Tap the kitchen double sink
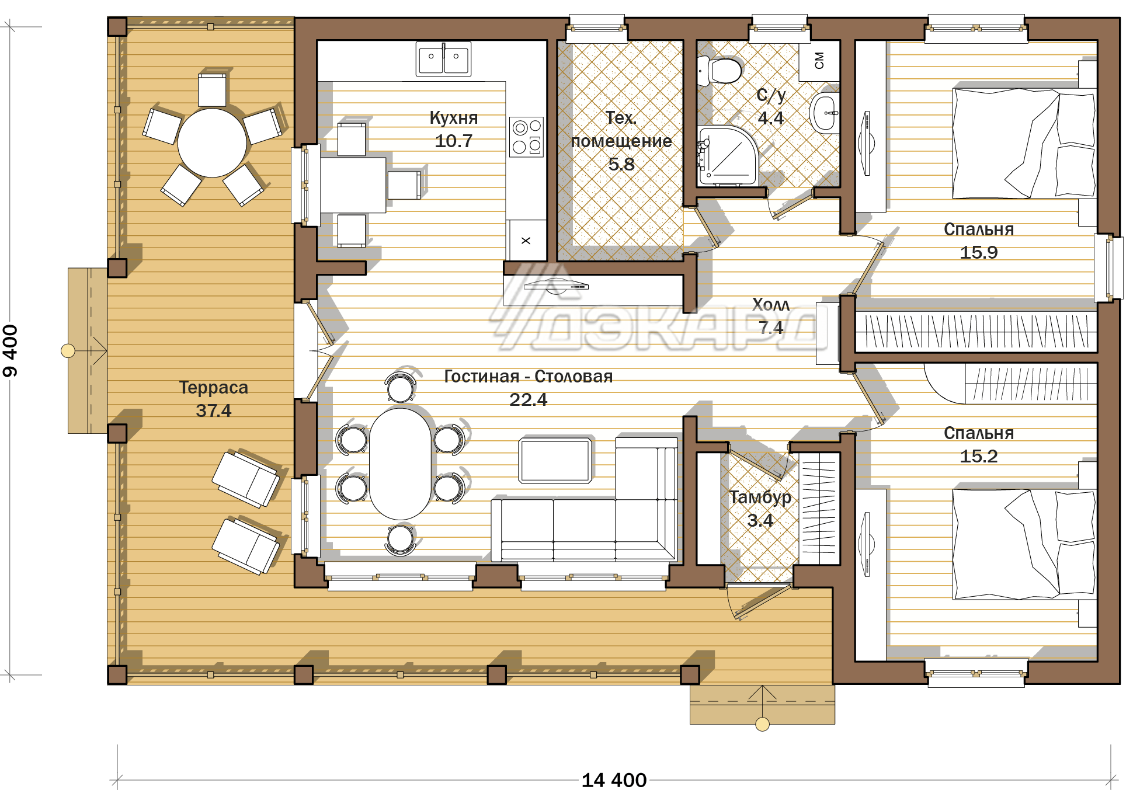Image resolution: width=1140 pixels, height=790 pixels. [443, 58]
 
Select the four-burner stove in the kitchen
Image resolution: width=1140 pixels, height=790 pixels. [526, 137]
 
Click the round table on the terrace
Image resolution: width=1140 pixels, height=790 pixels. [212, 143]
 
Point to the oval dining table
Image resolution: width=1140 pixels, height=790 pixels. [401, 464]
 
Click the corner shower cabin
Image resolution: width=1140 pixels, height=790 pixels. [728, 155]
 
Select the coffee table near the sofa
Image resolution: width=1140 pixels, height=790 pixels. [555, 461]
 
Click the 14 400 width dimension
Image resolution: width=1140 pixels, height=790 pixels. [614, 780]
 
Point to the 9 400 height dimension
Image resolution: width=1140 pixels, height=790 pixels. [11, 351]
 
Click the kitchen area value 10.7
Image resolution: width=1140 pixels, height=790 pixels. [454, 141]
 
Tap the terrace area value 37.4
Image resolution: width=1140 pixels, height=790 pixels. [214, 410]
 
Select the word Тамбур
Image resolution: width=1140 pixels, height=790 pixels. [760, 497]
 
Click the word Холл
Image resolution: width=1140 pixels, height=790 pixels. [771, 304]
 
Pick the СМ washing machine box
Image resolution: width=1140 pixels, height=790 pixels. [819, 61]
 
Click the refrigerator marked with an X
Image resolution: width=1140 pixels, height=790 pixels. [526, 240]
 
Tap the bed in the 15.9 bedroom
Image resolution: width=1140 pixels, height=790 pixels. [1024, 144]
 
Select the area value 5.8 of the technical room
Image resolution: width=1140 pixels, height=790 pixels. [621, 164]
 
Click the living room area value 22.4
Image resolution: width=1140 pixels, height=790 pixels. [529, 399]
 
